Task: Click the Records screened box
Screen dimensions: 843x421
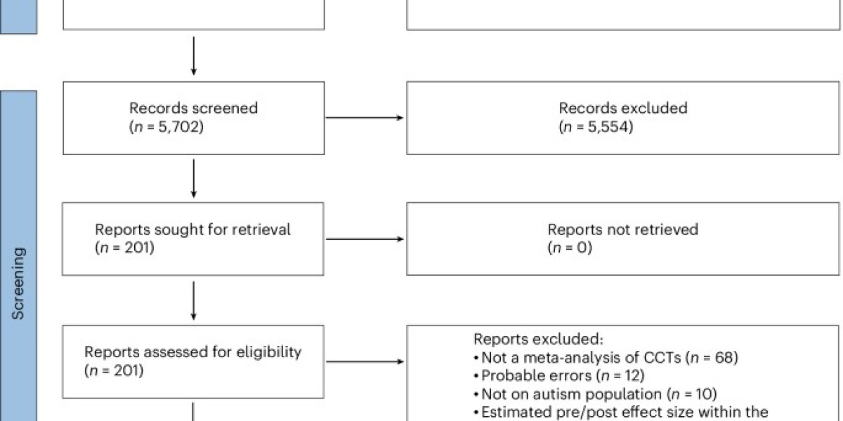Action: click(x=193, y=118)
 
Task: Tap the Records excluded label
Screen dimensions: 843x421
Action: click(x=623, y=108)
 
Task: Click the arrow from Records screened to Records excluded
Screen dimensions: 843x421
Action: click(x=365, y=118)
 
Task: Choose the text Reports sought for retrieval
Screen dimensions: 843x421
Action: click(x=192, y=229)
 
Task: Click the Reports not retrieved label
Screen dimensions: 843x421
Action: click(x=623, y=229)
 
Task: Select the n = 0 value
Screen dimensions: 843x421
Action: click(x=570, y=248)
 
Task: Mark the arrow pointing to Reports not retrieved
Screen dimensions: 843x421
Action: click(x=365, y=239)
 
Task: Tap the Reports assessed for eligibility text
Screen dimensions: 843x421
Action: click(x=192, y=352)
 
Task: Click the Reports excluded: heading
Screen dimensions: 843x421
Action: click(x=538, y=339)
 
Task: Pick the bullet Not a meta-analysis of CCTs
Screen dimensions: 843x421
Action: click(x=606, y=357)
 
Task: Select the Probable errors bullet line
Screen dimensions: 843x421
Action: click(x=559, y=376)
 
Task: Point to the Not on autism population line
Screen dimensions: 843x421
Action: click(x=596, y=394)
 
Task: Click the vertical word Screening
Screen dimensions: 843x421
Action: click(x=18, y=283)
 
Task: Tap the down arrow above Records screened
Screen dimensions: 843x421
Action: click(x=193, y=55)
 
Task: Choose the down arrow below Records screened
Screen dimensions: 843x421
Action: click(x=193, y=178)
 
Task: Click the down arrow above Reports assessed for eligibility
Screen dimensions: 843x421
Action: click(x=193, y=300)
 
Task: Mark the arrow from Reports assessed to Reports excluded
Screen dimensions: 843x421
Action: click(x=365, y=361)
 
